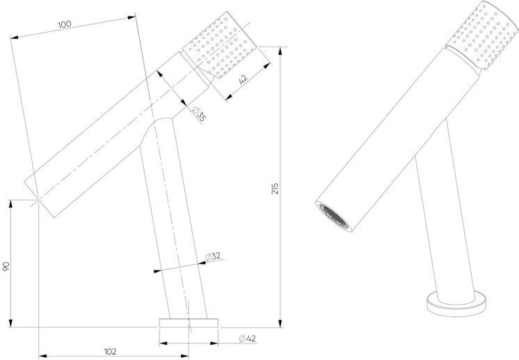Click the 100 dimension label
(65, 24)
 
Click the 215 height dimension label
(275, 189)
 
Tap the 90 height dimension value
(6, 266)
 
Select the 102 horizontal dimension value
(110, 352)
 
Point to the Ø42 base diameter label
(248, 338)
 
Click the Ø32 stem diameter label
(212, 256)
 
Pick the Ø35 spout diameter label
(199, 114)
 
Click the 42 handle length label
(243, 79)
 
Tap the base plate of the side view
(189, 323)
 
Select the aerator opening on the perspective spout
(334, 217)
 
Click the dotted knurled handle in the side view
(220, 45)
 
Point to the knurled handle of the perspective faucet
(481, 35)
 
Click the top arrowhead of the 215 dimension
(280, 51)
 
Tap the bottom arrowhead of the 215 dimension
(280, 323)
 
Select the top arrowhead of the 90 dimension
(10, 204)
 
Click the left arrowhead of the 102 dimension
(43, 356)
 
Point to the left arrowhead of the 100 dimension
(15, 38)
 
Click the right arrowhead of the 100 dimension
(131, 17)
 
